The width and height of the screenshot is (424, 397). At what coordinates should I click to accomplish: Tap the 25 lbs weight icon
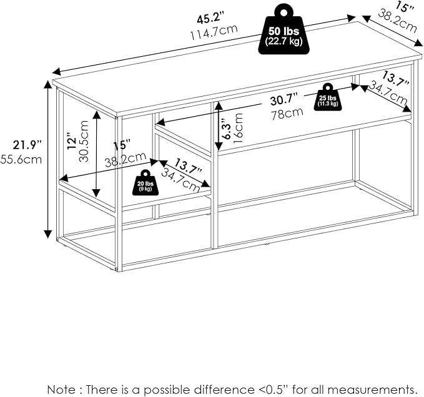pyautogui.click(x=327, y=97)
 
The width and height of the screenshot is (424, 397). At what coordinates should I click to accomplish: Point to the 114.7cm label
pyautogui.click(x=214, y=32)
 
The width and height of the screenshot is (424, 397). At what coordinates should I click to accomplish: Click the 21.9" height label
pyautogui.click(x=27, y=145)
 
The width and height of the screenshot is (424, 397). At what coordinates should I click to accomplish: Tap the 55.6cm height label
pyautogui.click(x=21, y=159)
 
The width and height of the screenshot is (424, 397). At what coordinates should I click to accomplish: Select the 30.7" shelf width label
pyautogui.click(x=285, y=100)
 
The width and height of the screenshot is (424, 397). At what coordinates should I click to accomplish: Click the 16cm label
pyautogui.click(x=239, y=127)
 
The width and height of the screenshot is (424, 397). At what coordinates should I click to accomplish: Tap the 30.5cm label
pyautogui.click(x=84, y=141)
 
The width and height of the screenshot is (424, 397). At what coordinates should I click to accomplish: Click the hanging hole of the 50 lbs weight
pyautogui.click(x=284, y=12)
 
